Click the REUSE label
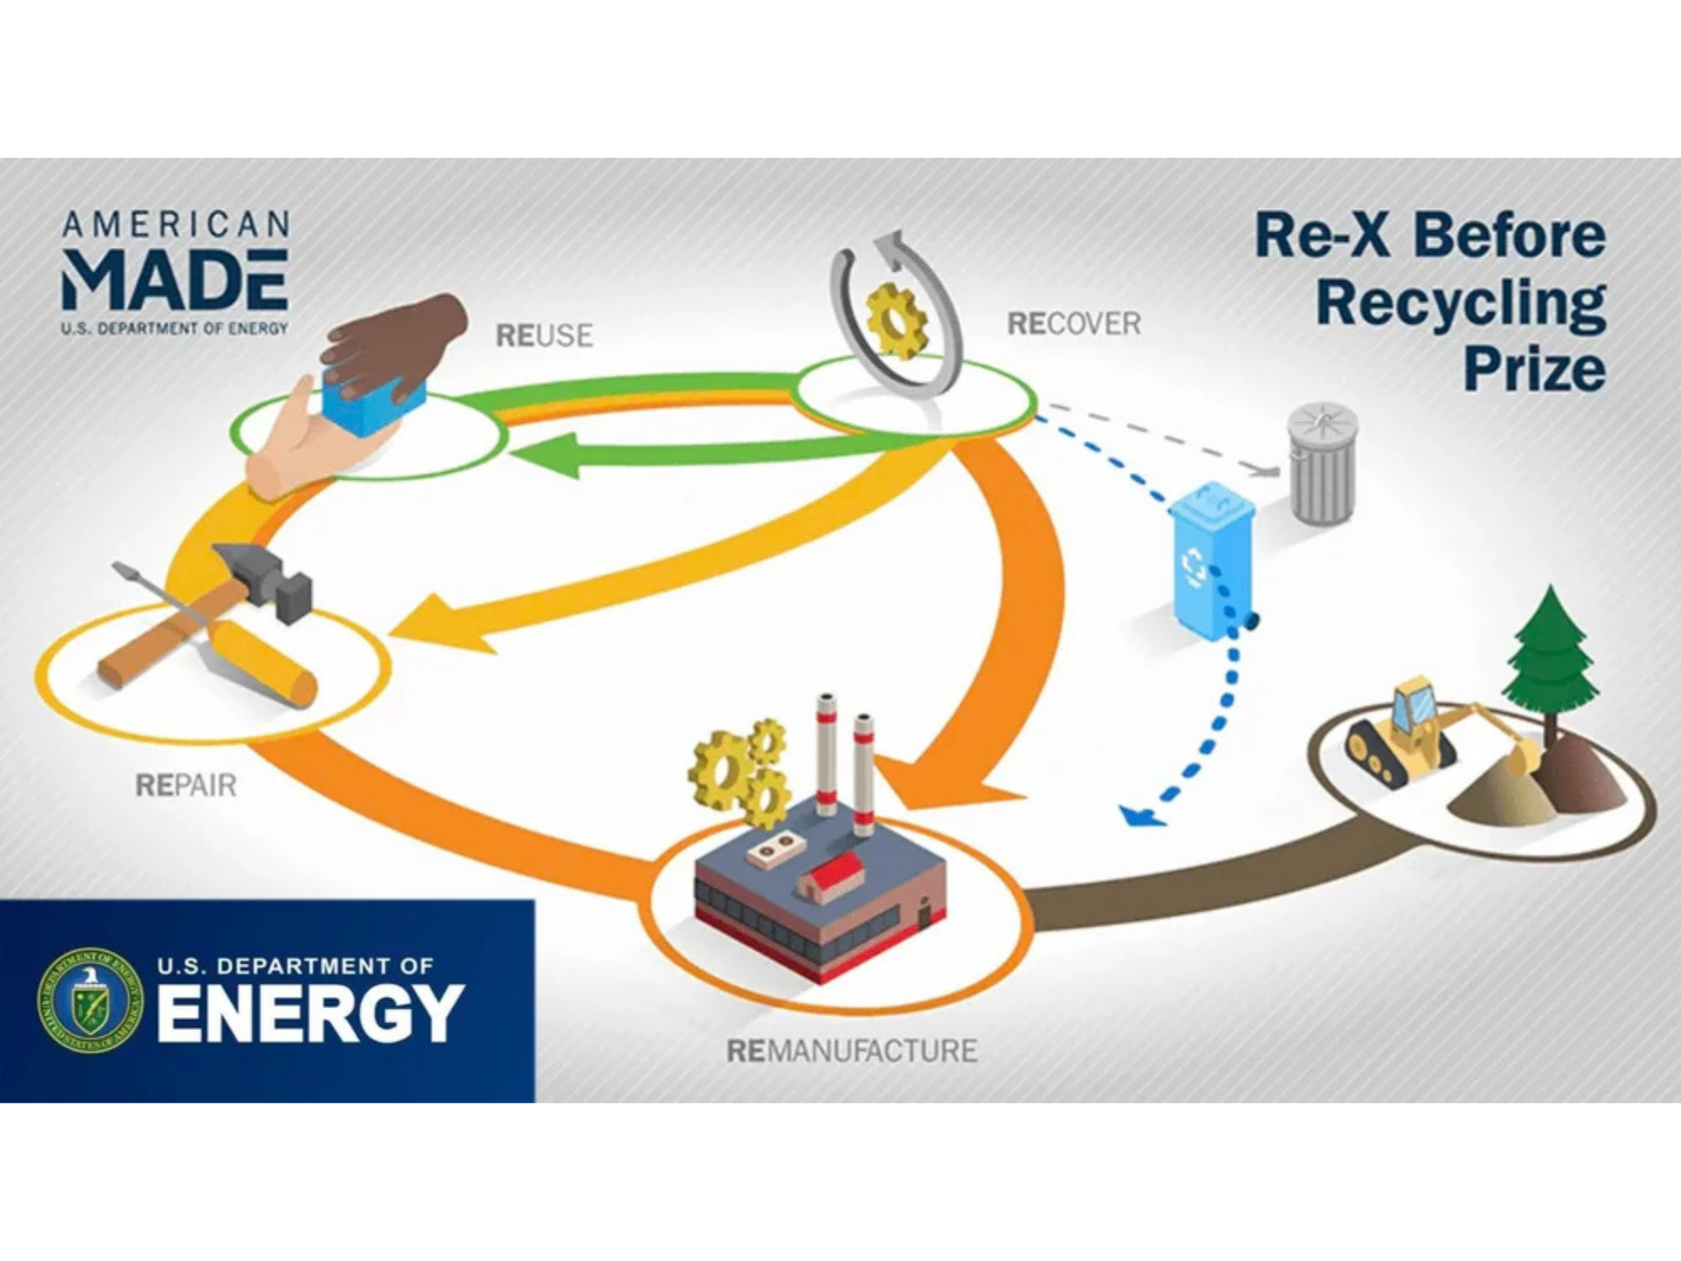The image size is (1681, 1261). click(544, 335)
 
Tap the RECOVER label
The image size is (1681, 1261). click(1073, 324)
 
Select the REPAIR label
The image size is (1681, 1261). click(186, 785)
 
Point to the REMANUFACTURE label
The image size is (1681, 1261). click(851, 1051)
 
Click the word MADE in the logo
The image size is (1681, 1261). click(175, 280)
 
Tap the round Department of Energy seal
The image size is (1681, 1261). click(91, 1000)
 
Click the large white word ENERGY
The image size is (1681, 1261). click(309, 1013)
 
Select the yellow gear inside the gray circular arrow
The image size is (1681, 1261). click(897, 319)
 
